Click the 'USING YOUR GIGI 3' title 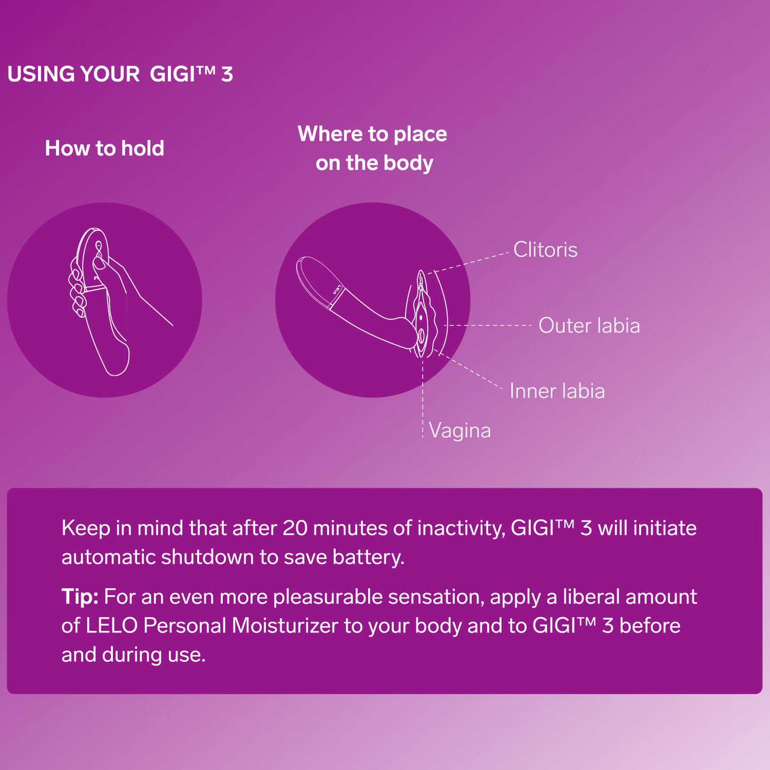(120, 74)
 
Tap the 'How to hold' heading (104, 148)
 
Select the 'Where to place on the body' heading (372, 148)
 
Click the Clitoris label (545, 250)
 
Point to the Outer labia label (589, 325)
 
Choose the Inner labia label (557, 391)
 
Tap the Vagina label (459, 431)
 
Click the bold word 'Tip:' (80, 597)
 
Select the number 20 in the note (295, 528)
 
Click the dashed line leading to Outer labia (488, 326)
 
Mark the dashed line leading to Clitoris (468, 263)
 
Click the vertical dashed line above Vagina (423, 398)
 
